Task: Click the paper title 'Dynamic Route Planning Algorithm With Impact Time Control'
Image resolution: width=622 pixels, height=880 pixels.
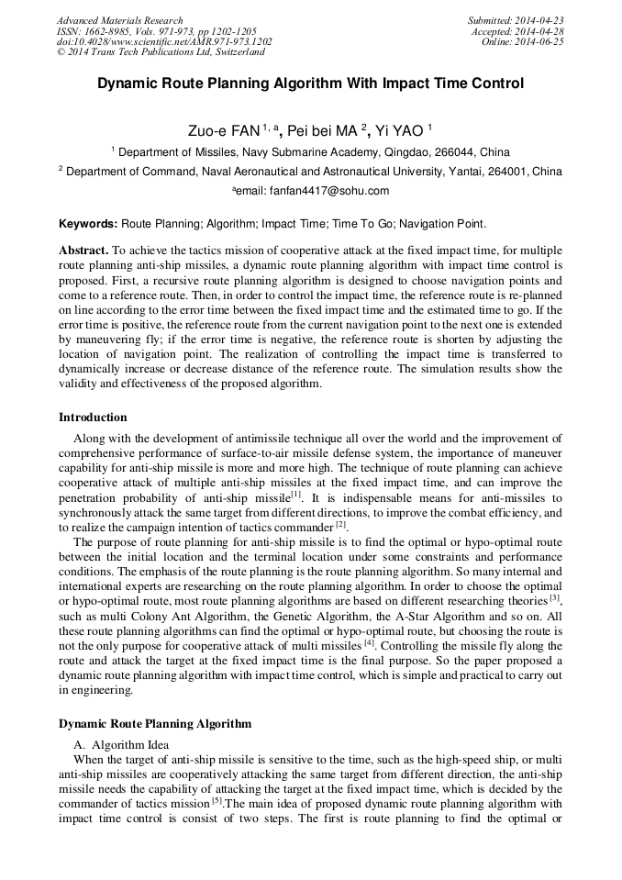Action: point(310,84)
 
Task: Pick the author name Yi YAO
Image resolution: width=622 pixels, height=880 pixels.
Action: point(401,131)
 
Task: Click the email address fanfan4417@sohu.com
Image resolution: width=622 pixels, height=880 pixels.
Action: point(324,191)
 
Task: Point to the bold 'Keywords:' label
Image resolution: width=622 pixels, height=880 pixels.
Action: point(88,223)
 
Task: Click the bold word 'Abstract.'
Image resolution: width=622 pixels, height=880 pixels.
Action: point(83,250)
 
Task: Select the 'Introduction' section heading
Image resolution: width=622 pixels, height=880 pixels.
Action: point(93,417)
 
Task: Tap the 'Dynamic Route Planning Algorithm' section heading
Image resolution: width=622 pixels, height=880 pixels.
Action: point(155,724)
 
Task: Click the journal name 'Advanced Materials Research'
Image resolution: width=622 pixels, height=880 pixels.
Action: point(120,20)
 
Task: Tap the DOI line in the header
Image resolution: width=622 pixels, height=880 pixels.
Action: point(164,42)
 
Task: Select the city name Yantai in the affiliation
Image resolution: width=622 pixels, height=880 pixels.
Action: point(453,172)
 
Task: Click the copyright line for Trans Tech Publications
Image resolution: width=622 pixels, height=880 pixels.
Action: point(161,53)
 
